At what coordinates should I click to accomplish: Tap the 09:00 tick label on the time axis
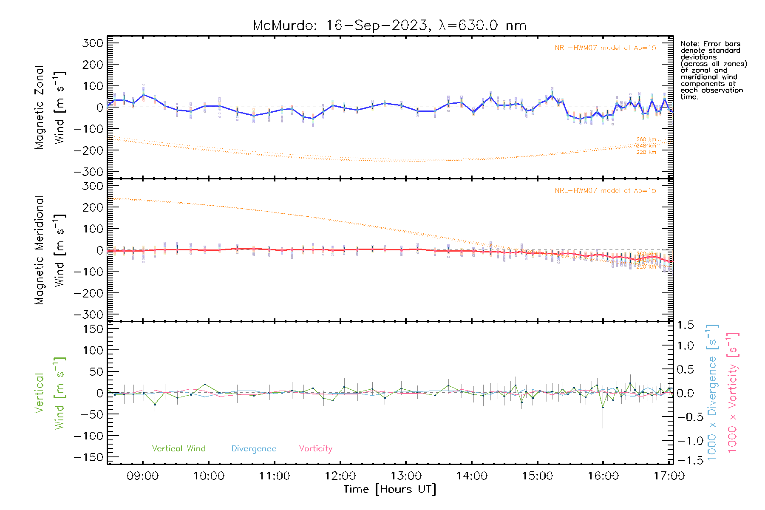(x=142, y=476)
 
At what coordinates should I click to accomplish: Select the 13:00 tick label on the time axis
(x=406, y=476)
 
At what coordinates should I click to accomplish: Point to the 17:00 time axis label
(x=669, y=476)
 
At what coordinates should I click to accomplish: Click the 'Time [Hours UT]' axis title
(x=390, y=489)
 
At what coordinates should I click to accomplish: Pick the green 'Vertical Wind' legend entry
(x=178, y=448)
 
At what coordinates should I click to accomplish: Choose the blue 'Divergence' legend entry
(x=254, y=448)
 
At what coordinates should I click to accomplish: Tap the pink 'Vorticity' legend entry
(x=315, y=448)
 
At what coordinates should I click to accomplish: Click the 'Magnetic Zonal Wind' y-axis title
(x=49, y=107)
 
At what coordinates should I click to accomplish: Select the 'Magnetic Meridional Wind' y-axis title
(x=49, y=250)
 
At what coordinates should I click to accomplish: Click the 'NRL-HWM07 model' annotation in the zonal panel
(x=605, y=48)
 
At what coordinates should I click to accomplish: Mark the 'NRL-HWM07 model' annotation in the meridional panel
(x=605, y=191)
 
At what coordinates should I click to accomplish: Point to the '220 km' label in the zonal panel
(x=646, y=152)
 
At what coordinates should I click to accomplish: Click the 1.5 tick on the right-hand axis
(x=685, y=325)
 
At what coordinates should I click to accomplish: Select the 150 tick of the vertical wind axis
(x=93, y=329)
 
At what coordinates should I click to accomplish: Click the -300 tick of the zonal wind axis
(x=88, y=172)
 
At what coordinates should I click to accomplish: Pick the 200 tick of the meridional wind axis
(x=93, y=207)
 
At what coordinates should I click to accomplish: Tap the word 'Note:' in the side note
(x=689, y=44)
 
